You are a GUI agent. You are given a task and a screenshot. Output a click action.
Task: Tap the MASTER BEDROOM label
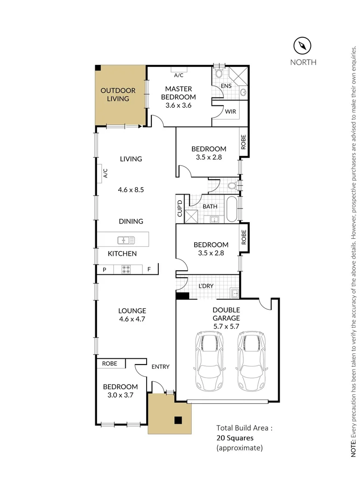pyautogui.click(x=178, y=93)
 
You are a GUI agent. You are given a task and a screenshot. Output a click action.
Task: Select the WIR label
pyautogui.click(x=230, y=112)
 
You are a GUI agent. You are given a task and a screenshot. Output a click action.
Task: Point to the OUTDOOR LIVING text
pyautogui.click(x=118, y=94)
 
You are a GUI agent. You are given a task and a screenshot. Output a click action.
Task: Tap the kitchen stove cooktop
pyautogui.click(x=127, y=269)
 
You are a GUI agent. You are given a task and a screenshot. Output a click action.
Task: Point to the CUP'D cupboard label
pyautogui.click(x=179, y=209)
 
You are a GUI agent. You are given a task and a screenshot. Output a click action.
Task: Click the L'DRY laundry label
pyautogui.click(x=206, y=286)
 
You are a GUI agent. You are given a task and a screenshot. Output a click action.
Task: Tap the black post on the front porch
pyautogui.click(x=177, y=420)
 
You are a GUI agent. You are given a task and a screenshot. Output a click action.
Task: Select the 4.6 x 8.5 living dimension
pyautogui.click(x=131, y=190)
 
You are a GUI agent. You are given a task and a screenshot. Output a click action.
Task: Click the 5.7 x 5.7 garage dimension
pyautogui.click(x=226, y=327)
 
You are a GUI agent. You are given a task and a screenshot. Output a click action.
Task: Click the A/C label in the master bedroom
pyautogui.click(x=178, y=75)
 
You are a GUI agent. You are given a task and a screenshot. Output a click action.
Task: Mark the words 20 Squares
pyautogui.click(x=234, y=438)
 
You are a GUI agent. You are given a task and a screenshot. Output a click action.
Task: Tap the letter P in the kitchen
pyautogui.click(x=105, y=269)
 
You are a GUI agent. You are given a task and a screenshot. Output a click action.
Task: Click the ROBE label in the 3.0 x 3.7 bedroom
pyautogui.click(x=110, y=363)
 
